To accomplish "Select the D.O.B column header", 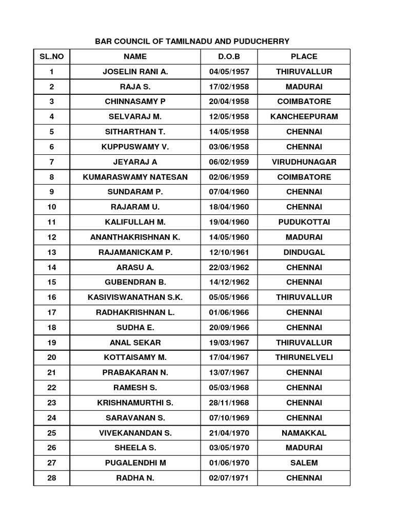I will [229, 56].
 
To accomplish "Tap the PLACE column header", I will [304, 56].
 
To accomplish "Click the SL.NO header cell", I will [51, 56].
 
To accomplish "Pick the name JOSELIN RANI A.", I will [135, 72].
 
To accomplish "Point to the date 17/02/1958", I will [229, 87].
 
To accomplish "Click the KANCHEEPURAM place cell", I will [304, 116].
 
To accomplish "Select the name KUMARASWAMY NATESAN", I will [135, 177].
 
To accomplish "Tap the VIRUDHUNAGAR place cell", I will [304, 162].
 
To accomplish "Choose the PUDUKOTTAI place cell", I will [304, 222].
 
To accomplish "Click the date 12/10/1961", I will [229, 252].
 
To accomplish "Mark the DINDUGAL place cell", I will [304, 252].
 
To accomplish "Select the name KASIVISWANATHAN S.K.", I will [135, 297].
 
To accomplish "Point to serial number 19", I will [51, 342].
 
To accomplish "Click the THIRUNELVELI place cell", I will [304, 357].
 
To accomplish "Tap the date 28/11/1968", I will [229, 402].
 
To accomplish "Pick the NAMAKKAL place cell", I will [304, 433].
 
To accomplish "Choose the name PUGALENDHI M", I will [135, 462].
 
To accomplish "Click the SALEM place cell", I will [304, 462].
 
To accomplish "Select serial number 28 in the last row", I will [51, 478].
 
